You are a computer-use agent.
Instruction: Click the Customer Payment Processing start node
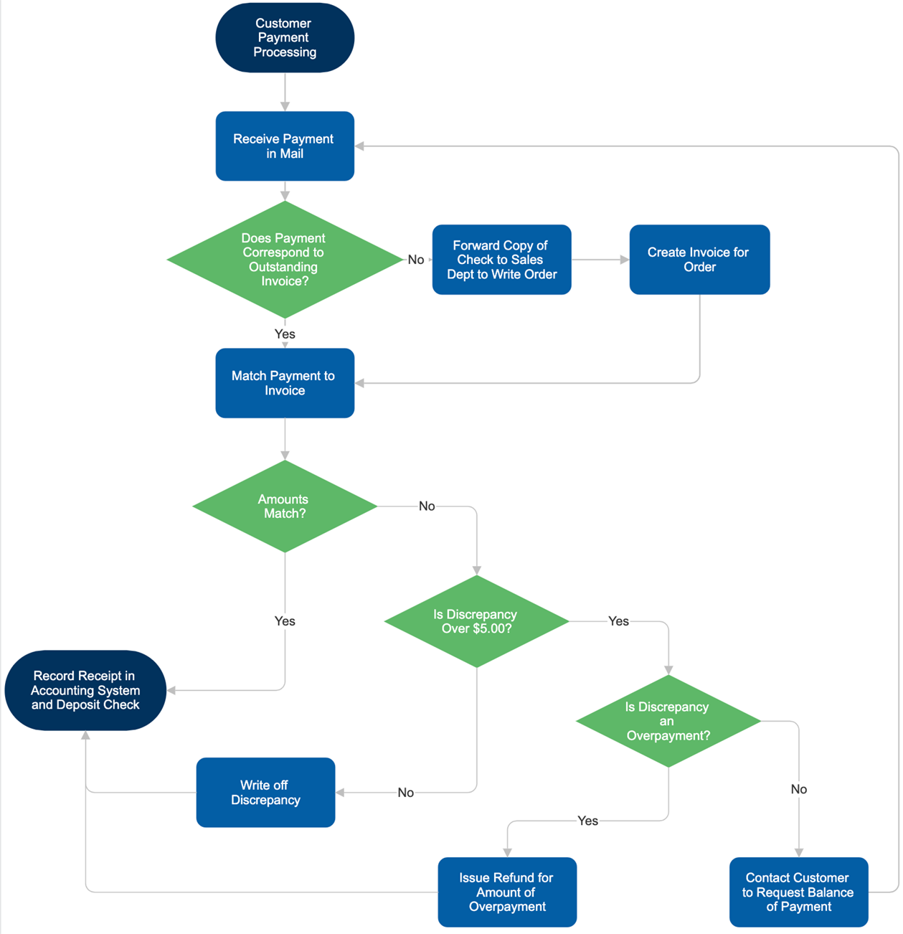(285, 37)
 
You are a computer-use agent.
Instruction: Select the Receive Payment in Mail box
(285, 146)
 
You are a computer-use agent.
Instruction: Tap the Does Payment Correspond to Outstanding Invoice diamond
(285, 259)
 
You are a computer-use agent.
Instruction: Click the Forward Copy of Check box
(501, 259)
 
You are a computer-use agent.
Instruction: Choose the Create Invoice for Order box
(699, 259)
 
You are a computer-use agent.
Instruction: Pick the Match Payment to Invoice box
(285, 383)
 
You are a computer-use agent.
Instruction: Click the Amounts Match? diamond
(285, 506)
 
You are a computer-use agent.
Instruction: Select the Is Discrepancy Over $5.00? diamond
(476, 621)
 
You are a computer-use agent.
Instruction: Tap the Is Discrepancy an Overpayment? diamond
(668, 721)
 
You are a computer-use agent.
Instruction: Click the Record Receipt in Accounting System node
(85, 690)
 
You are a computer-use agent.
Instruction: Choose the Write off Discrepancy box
(265, 792)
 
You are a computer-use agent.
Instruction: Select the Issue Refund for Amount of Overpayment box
(507, 892)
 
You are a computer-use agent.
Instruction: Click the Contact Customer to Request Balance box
(798, 892)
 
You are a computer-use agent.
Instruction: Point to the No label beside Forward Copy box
(416, 260)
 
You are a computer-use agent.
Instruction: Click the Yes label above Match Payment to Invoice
(285, 334)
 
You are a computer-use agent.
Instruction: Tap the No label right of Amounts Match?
(427, 506)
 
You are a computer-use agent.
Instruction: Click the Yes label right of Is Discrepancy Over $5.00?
(618, 621)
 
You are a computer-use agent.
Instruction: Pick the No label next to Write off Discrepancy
(406, 793)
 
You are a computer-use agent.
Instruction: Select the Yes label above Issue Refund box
(587, 821)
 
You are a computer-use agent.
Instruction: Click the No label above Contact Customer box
(798, 789)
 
